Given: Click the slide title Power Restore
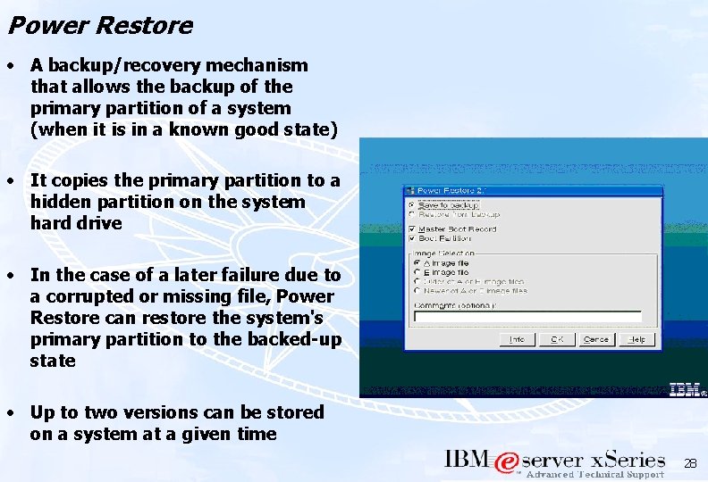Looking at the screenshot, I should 99,25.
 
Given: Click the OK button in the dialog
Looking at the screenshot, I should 557,339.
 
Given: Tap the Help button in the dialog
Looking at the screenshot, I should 636,339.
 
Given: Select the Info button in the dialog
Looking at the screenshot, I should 517,339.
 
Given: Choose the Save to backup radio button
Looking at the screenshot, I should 414,204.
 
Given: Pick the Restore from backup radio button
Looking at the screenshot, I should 414,214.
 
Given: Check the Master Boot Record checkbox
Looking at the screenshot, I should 413,229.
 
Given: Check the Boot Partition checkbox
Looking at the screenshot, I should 413,238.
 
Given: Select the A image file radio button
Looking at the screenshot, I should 417,263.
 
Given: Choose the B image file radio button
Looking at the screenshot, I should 417,272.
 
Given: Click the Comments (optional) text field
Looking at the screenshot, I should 527,317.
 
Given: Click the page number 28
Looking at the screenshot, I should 689,464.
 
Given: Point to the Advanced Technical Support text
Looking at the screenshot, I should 594,475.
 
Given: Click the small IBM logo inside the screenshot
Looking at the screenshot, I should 686,388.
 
